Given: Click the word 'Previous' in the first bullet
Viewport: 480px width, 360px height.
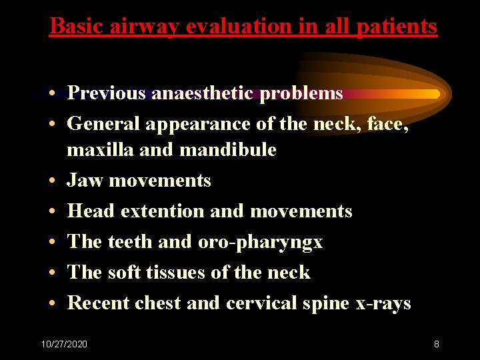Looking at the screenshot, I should pyautogui.click(x=107, y=93).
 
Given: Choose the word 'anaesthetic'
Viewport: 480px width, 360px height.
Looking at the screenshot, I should pyautogui.click(x=203, y=93).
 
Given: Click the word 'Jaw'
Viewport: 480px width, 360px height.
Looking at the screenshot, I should pyautogui.click(x=85, y=181).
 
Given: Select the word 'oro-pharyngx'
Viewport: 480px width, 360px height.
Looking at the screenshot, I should pyautogui.click(x=260, y=242).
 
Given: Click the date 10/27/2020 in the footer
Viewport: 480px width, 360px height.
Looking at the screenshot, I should pyautogui.click(x=64, y=344).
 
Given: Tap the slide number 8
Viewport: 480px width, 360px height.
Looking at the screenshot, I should pyautogui.click(x=436, y=344).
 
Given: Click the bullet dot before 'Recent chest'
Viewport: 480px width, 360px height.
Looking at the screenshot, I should pyautogui.click(x=51, y=303).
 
